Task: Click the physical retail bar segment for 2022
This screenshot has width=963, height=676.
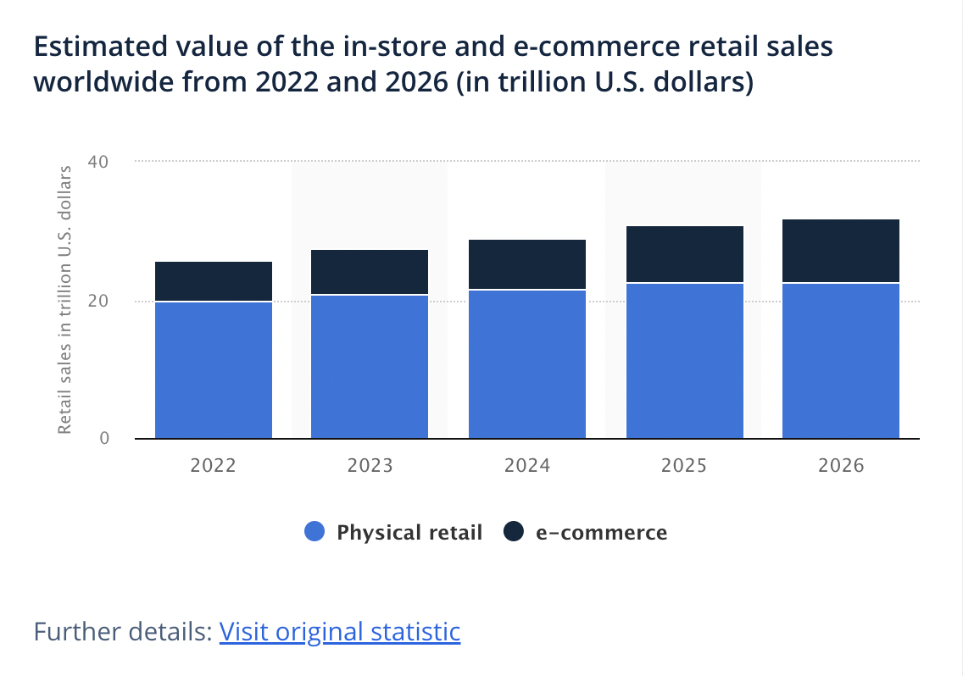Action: click(214, 370)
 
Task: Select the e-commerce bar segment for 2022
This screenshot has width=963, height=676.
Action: click(214, 281)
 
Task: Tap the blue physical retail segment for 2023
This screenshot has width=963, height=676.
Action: click(370, 367)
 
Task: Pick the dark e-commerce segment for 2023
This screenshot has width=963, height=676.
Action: click(370, 272)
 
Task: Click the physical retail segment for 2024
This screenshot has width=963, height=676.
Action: click(527, 364)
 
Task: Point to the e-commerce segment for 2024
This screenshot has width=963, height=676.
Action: click(527, 264)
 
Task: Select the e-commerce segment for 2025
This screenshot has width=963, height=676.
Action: click(685, 254)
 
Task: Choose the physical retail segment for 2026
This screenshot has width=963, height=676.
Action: click(841, 361)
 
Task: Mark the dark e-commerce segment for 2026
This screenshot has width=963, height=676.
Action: click(841, 251)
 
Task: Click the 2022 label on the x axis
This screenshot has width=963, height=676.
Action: click(214, 466)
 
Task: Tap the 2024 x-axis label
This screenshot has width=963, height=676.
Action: click(527, 466)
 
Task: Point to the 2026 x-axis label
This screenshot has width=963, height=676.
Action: click(841, 466)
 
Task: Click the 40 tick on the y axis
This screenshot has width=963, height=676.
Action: click(99, 161)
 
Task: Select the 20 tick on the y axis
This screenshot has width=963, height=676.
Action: click(99, 301)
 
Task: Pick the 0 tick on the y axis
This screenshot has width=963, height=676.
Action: click(105, 438)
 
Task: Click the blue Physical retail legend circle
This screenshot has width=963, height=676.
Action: click(315, 532)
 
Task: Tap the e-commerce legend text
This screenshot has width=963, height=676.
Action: click(601, 532)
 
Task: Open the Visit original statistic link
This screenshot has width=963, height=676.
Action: click(339, 632)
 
